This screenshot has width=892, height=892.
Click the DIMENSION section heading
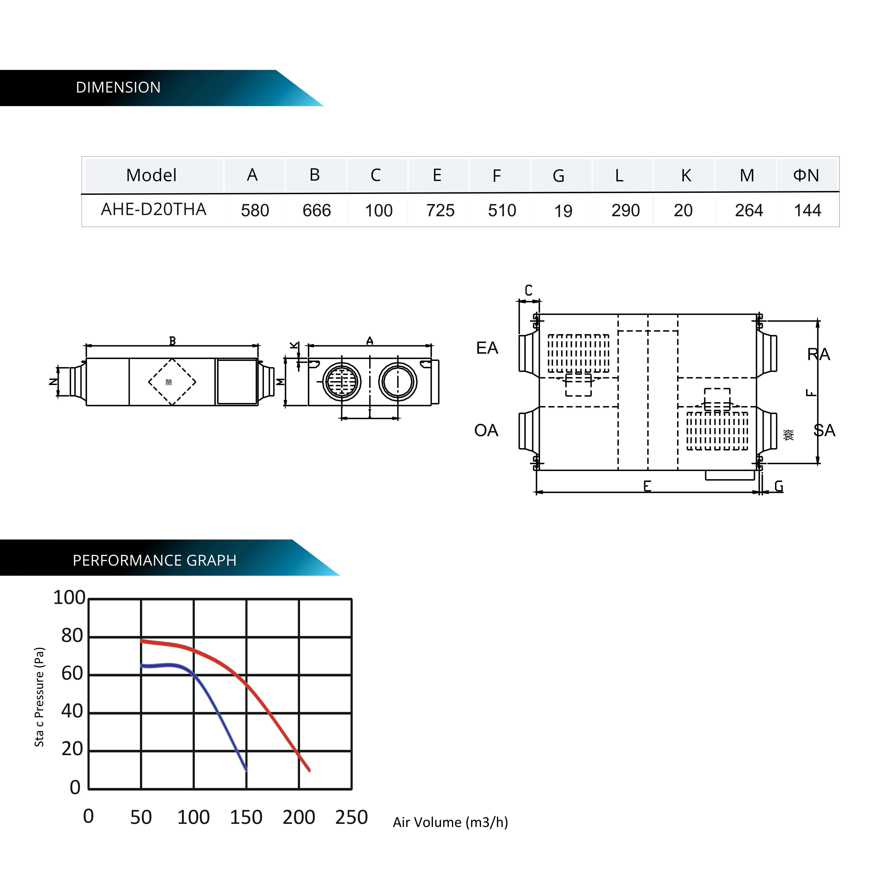pos(118,87)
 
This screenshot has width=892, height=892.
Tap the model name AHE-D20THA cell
pos(153,210)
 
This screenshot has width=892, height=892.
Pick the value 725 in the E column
pos(440,211)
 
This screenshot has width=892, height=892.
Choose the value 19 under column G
pos(563,211)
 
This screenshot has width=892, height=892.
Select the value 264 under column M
pos(748,211)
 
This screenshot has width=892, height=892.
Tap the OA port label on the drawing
pos(486,430)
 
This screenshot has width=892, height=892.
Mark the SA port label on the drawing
pos(824,430)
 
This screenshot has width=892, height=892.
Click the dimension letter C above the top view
pos(529,290)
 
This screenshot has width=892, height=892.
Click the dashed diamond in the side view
pos(172,382)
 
